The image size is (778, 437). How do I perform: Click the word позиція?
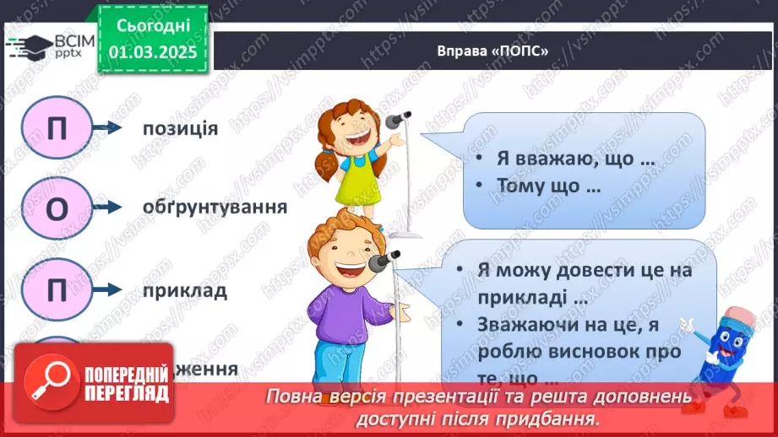(x=180, y=128)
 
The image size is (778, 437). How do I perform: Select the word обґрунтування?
(x=203, y=208)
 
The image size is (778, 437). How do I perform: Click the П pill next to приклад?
(x=57, y=291)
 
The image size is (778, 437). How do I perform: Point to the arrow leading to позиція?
(x=107, y=128)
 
